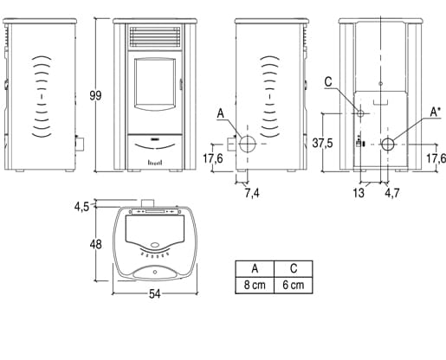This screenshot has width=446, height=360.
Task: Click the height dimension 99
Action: point(95,95)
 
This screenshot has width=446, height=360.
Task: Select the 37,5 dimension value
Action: point(323,143)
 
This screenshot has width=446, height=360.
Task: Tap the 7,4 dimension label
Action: point(252,193)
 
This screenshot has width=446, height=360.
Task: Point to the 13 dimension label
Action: point(359,193)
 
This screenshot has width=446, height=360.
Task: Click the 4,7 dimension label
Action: point(392,193)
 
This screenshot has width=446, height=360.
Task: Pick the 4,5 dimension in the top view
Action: point(81,207)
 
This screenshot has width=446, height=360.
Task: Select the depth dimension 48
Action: point(95,245)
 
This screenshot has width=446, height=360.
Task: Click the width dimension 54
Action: point(155,294)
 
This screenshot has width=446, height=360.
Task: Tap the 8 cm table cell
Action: point(255,285)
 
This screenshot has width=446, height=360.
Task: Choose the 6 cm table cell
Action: point(294,285)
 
